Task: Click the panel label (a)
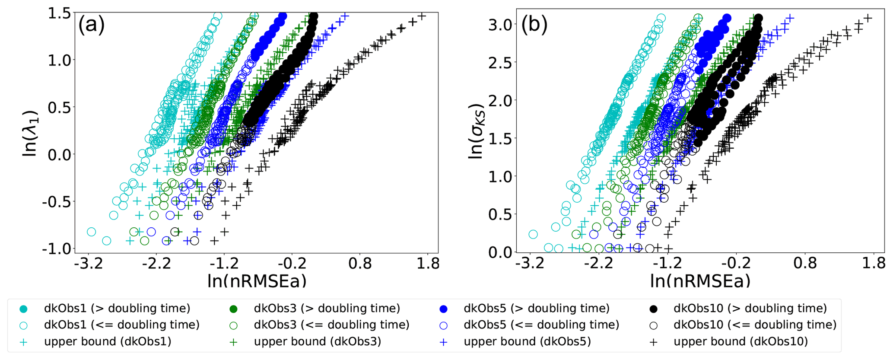tap(91, 25)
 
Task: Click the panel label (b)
tap(534, 25)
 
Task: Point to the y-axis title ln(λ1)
tap(31, 132)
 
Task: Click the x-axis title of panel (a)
tap(257, 281)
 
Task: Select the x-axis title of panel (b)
tap(700, 281)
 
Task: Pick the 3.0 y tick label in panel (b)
tap(500, 25)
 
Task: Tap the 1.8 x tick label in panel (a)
tap(428, 263)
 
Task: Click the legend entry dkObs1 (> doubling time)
tap(117, 309)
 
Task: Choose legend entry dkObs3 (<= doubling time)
tap(331, 325)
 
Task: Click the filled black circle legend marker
tap(653, 309)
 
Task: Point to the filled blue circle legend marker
tap(443, 309)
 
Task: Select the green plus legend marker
tap(233, 342)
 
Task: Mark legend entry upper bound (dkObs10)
tap(740, 341)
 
